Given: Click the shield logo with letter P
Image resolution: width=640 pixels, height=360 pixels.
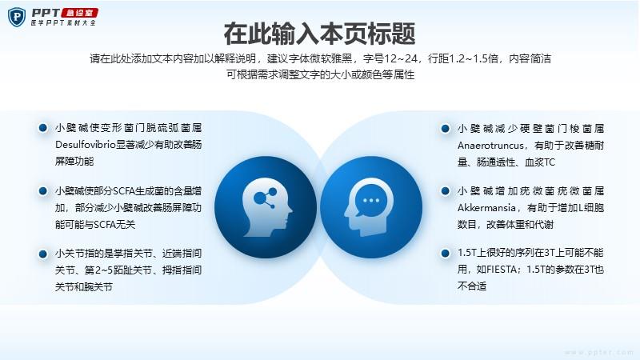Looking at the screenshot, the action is coord(17,17).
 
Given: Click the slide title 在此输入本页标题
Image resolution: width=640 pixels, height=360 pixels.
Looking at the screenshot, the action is coord(319,34).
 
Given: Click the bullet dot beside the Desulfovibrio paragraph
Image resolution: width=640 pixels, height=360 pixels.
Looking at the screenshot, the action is coord(43,128).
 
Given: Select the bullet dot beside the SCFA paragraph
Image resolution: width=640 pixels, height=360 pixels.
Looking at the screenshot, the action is coord(43,190).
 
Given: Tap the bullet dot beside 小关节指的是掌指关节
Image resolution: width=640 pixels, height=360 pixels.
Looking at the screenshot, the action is coord(43,254).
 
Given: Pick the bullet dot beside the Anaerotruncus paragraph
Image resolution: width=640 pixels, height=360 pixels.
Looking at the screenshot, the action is coord(446,129).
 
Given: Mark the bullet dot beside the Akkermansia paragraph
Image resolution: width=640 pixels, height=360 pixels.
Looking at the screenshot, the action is coord(446,190).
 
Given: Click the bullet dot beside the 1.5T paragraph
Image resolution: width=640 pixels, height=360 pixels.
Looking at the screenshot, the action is coord(446,253).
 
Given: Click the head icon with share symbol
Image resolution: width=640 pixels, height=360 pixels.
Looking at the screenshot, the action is coord(267,207).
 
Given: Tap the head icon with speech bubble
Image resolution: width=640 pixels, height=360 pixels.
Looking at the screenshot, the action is coord(370,207).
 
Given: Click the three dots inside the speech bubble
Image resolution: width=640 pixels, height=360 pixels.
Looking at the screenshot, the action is coord(370,201).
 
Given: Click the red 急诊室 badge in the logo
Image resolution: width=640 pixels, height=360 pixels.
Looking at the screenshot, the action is coord(80,13).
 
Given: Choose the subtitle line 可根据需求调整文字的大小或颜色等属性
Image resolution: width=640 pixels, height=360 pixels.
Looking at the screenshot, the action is coord(321,74).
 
